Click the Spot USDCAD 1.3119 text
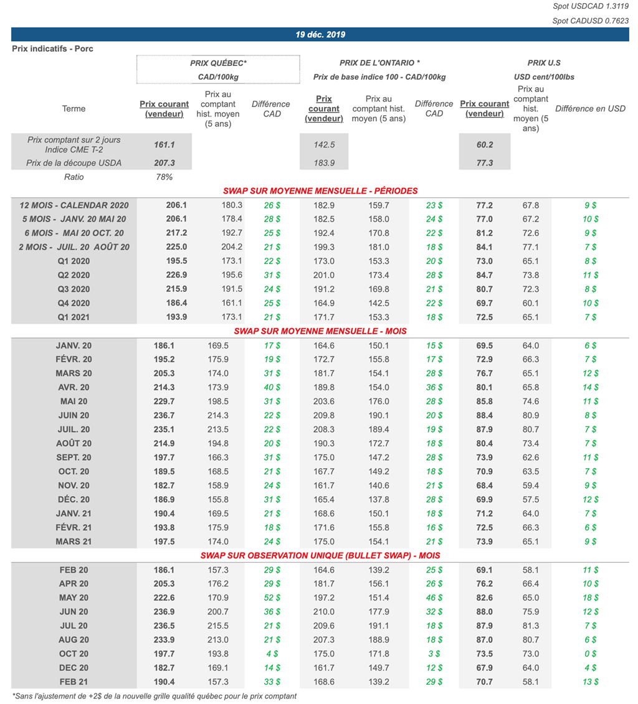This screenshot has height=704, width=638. pyautogui.click(x=591, y=7)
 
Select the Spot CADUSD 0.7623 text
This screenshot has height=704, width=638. pyautogui.click(x=591, y=21)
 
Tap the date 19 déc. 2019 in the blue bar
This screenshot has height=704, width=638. pyautogui.click(x=320, y=35)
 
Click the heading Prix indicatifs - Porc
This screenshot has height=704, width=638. pyautogui.click(x=52, y=49)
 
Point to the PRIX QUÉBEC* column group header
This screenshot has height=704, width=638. pyautogui.click(x=218, y=63)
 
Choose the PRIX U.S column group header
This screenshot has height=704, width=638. pyautogui.click(x=544, y=63)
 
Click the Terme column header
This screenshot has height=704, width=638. pyautogui.click(x=74, y=109)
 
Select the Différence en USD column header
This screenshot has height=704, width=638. pyautogui.click(x=590, y=109)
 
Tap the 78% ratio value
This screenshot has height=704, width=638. pyautogui.click(x=164, y=177)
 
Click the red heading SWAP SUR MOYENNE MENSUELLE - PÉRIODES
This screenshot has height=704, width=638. pyautogui.click(x=320, y=190)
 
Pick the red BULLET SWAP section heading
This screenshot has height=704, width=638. pyautogui.click(x=320, y=555)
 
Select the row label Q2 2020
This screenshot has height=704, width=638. pyautogui.click(x=74, y=275)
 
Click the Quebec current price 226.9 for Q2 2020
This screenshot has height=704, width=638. pyautogui.click(x=164, y=275)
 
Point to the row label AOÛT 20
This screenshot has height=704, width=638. pyautogui.click(x=74, y=443)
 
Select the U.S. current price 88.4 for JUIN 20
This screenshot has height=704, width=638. pyautogui.click(x=485, y=415)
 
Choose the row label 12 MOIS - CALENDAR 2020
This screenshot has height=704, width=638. pyautogui.click(x=74, y=205)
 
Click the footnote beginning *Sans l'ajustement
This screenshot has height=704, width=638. pyautogui.click(x=155, y=696)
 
